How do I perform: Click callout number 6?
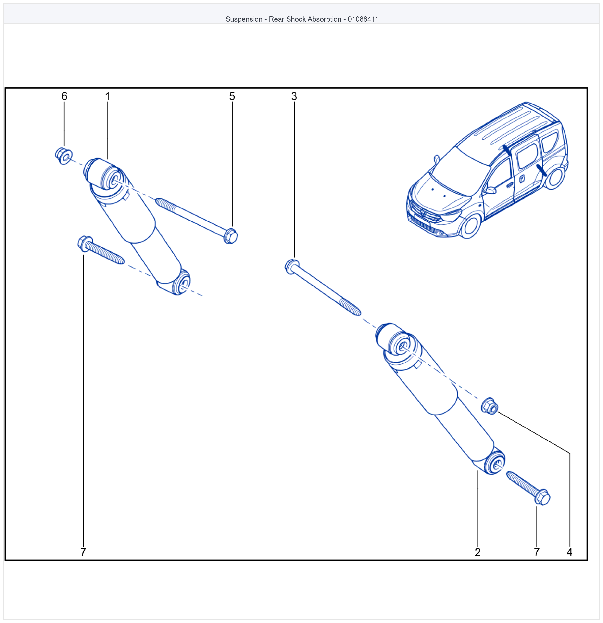tap(64, 96)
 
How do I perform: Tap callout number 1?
tap(108, 96)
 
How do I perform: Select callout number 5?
tap(232, 96)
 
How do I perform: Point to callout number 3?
tap(294, 96)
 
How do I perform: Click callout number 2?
tap(478, 552)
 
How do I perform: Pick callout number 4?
tap(570, 552)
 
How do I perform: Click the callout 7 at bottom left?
tap(83, 552)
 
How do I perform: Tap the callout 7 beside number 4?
tap(537, 552)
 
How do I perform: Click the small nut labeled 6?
tap(63, 156)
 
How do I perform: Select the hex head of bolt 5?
tap(231, 236)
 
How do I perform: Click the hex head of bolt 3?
tap(292, 267)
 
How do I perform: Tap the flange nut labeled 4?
tap(490, 406)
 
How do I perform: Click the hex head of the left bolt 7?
tap(85, 244)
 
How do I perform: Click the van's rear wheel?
tap(555, 178)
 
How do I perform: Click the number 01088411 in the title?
tap(363, 19)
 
